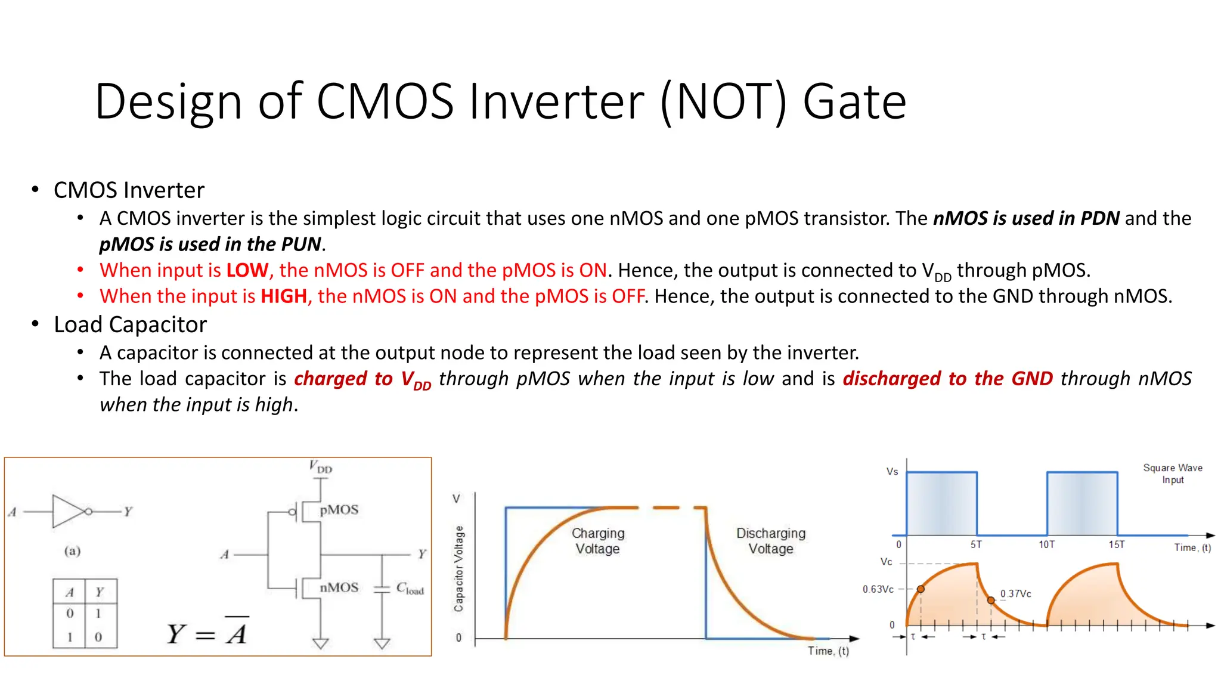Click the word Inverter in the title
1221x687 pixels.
pos(556,101)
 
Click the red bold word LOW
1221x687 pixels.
pos(247,270)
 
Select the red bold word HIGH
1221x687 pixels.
pos(284,296)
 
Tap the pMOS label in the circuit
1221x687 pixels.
pos(339,510)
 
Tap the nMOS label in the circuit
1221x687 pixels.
pos(339,587)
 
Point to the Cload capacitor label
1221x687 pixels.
pos(410,589)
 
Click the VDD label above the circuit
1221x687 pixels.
pos(321,467)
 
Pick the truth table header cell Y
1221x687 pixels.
pos(100,592)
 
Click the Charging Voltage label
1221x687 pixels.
pos(598,541)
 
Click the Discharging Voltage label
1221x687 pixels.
pos(770,541)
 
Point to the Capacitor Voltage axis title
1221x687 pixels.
pos(458,568)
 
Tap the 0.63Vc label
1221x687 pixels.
pos(878,589)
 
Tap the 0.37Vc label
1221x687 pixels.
pos(1015,594)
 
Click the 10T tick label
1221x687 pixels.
pos(1046,544)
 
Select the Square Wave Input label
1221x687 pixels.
pos(1172,474)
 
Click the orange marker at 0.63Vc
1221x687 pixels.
pos(921,589)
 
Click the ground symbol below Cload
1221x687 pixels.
pos(382,643)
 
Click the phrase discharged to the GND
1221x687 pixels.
pos(947,379)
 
